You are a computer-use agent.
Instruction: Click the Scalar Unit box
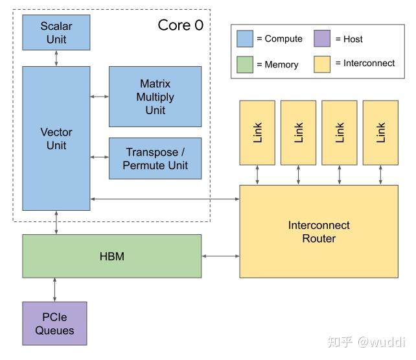click(x=56, y=32)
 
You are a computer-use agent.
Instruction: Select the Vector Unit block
click(x=56, y=138)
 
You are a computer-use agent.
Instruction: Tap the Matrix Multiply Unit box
click(x=155, y=97)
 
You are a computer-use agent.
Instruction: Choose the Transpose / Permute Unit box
click(x=155, y=158)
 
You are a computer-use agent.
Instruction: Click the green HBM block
click(x=111, y=256)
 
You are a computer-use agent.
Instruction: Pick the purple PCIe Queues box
click(x=54, y=323)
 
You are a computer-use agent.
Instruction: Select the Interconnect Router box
click(x=318, y=231)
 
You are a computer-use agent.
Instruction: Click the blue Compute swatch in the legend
click(x=244, y=39)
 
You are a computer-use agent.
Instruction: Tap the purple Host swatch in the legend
click(x=323, y=39)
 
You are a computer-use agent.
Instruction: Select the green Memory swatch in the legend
click(x=244, y=64)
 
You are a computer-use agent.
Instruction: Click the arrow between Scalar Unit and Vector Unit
click(x=56, y=58)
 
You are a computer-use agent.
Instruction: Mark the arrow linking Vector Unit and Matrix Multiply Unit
click(x=99, y=97)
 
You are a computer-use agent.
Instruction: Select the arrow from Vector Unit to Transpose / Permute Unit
click(x=99, y=157)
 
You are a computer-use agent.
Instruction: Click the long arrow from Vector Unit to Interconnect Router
click(x=165, y=198)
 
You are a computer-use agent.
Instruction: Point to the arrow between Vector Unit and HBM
click(x=56, y=222)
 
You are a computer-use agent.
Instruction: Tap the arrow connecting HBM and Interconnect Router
click(x=220, y=257)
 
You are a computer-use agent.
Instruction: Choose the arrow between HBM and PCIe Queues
click(x=54, y=290)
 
